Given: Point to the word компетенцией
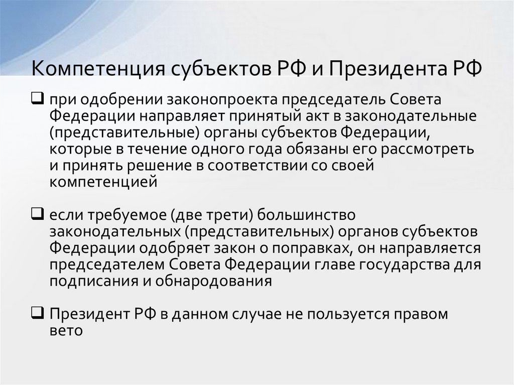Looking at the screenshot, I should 103,182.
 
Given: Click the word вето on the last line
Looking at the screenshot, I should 65,331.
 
